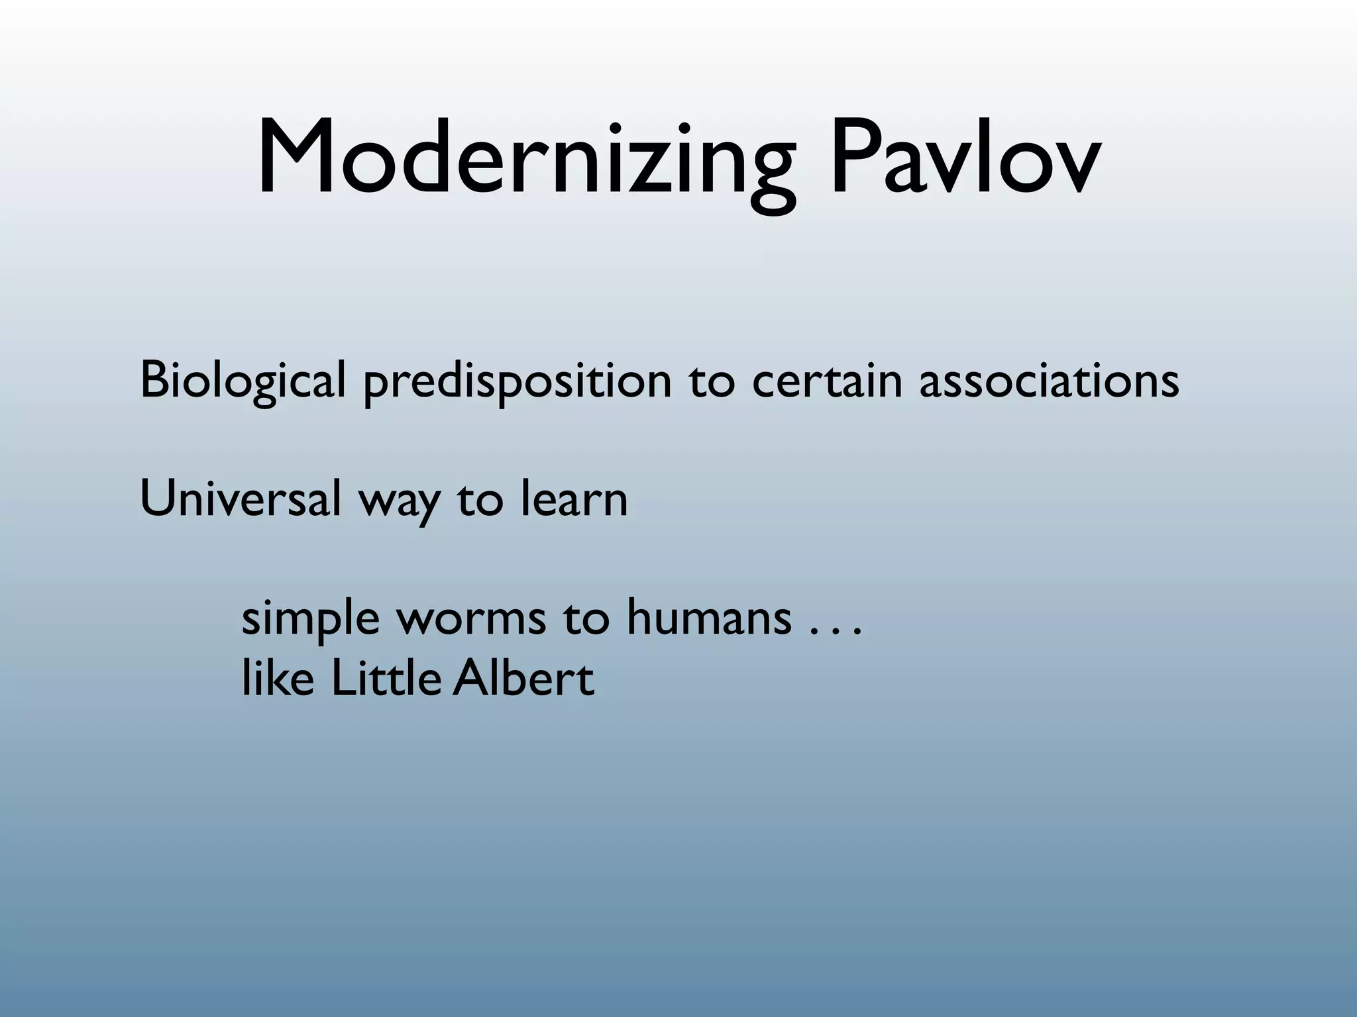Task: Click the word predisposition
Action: coord(517,382)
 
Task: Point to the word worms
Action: coord(471,619)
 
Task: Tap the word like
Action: coord(278,679)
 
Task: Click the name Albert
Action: coord(523,679)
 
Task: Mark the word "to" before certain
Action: coord(712,382)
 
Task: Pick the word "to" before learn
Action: coord(480,500)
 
